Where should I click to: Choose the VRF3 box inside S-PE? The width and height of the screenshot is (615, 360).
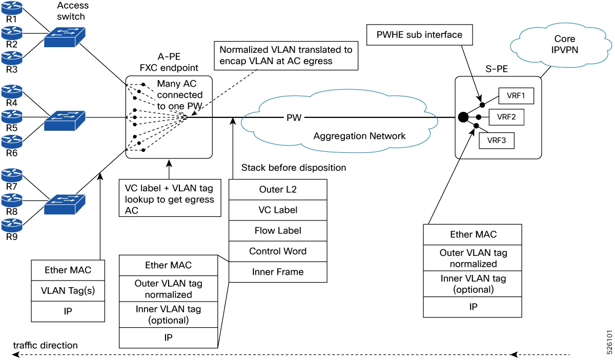(496, 139)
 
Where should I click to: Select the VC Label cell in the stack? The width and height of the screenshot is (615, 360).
(278, 210)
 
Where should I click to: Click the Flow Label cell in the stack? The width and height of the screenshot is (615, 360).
(278, 230)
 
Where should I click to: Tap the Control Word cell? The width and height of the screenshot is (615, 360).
(278, 251)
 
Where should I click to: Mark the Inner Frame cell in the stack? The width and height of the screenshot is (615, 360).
(278, 272)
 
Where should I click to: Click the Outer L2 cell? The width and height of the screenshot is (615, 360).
(278, 189)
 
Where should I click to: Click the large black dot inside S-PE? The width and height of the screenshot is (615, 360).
(463, 117)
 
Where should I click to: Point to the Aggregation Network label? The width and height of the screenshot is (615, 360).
(359, 136)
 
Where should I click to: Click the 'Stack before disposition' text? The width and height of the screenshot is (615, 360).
(294, 168)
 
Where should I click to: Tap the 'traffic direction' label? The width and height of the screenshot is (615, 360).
(45, 345)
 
